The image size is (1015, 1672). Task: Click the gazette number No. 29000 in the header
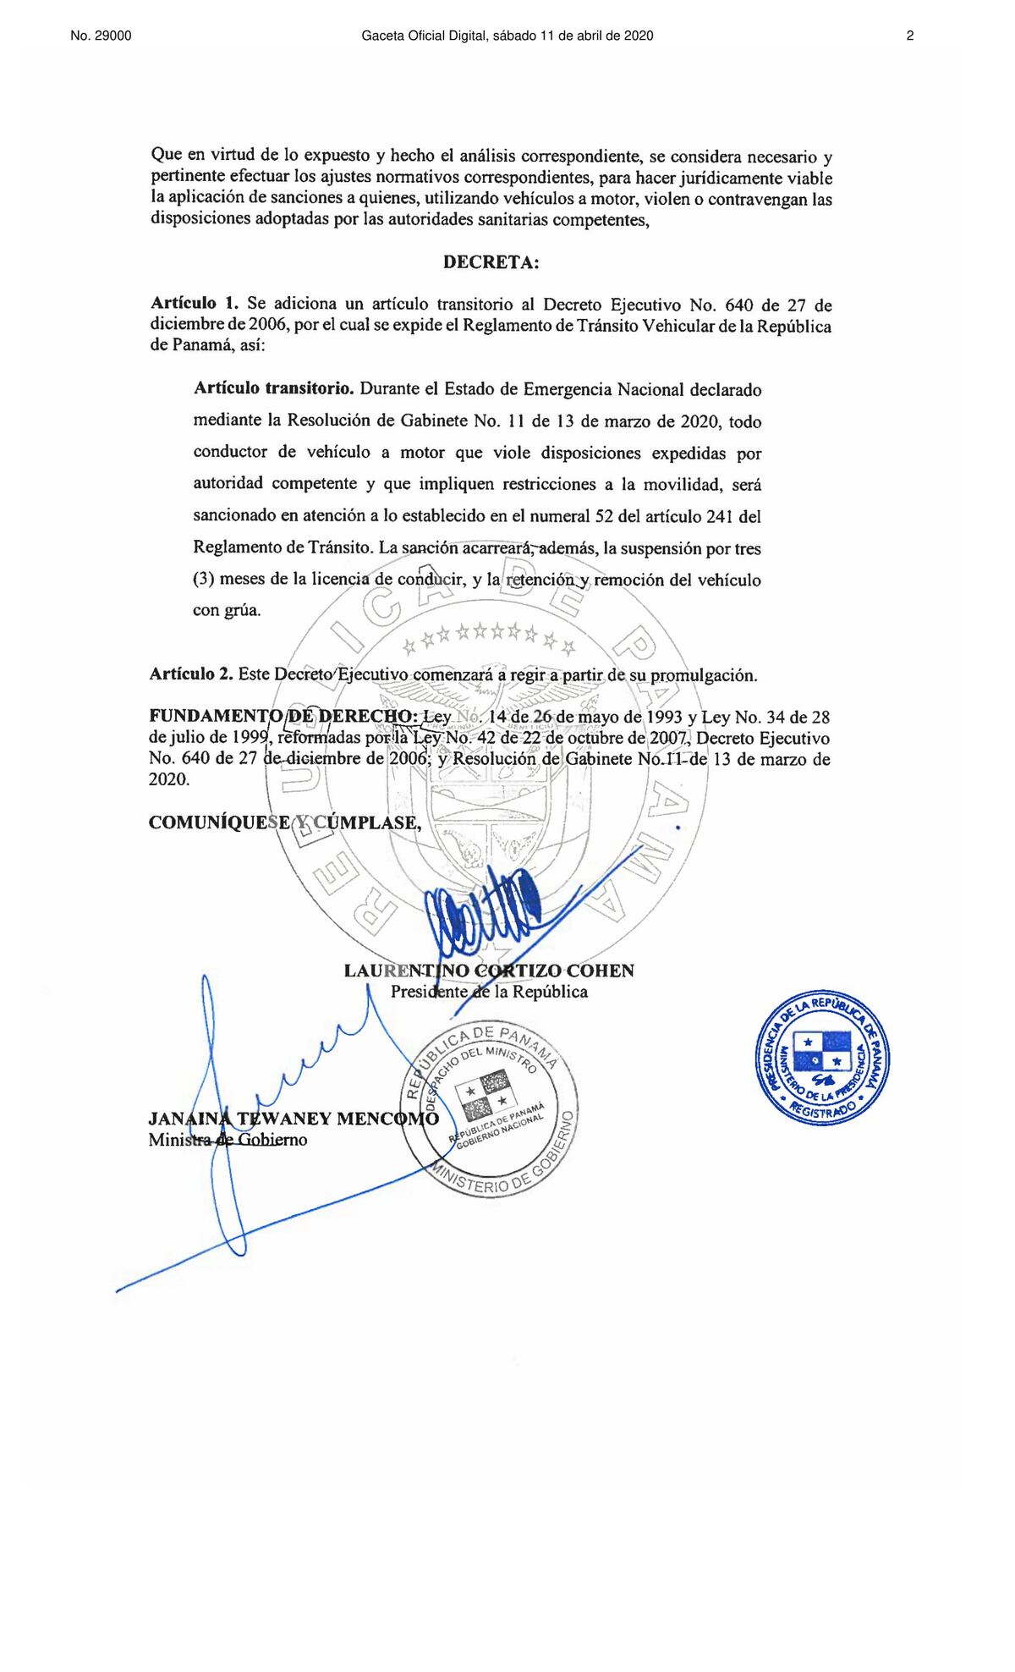[x=101, y=36]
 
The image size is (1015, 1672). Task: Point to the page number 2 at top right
[x=910, y=36]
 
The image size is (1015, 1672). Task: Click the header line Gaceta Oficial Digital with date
[x=507, y=36]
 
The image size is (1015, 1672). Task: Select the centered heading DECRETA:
[x=491, y=262]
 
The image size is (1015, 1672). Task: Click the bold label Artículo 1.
[x=195, y=304]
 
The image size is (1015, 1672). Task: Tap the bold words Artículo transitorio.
[x=273, y=389]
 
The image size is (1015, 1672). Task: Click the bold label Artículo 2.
[x=190, y=674]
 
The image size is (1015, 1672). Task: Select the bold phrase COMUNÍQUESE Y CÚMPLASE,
[x=284, y=822]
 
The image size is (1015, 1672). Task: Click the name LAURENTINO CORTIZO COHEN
[x=489, y=971]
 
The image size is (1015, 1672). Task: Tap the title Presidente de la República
[x=489, y=992]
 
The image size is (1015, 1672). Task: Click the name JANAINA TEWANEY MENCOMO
[x=294, y=1119]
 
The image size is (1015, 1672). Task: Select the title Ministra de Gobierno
[x=228, y=1140]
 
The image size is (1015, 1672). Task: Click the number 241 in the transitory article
[x=719, y=516]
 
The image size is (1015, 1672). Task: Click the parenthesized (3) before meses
[x=203, y=580]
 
